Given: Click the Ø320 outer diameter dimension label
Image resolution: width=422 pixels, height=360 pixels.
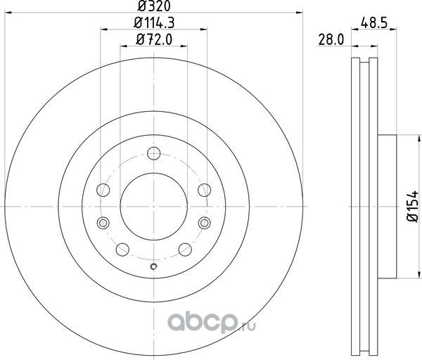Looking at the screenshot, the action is pyautogui.click(x=154, y=6).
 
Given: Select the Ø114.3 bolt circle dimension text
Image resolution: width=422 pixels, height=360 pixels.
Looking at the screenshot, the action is pyautogui.click(x=154, y=22).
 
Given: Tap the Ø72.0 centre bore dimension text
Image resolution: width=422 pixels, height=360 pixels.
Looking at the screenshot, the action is pyautogui.click(x=153, y=39).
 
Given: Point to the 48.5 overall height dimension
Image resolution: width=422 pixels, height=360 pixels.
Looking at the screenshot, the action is pyautogui.click(x=374, y=22).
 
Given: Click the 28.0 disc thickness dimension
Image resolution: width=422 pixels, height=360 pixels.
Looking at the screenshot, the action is pyautogui.click(x=331, y=40).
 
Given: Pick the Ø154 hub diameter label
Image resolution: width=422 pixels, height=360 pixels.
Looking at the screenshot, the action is pyautogui.click(x=413, y=206).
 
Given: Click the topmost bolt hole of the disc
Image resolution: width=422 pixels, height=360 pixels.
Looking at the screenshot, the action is pyautogui.click(x=154, y=153).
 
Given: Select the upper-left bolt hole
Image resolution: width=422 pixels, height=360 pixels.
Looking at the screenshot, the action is pyautogui.click(x=103, y=191).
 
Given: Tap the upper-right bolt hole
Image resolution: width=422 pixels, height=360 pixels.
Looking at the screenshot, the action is pyautogui.click(x=205, y=190).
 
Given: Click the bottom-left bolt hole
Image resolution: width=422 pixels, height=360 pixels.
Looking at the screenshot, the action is pyautogui.click(x=122, y=250).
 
